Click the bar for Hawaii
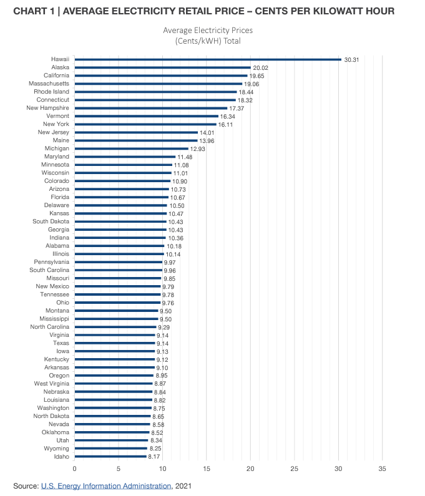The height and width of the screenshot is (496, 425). pyautogui.click(x=208, y=59)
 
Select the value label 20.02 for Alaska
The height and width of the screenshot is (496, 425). pyautogui.click(x=260, y=67)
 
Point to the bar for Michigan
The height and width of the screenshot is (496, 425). pyautogui.click(x=131, y=148)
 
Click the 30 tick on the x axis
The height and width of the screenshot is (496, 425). pyautogui.click(x=338, y=468)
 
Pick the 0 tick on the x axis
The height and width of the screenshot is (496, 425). pyautogui.click(x=74, y=468)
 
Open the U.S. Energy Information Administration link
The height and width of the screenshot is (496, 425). pyautogui.click(x=106, y=485)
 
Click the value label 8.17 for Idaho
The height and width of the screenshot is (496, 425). pyautogui.click(x=155, y=457)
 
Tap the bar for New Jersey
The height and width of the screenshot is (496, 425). pyautogui.click(x=136, y=132)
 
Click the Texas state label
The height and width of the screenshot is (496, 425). pyautogui.click(x=61, y=343)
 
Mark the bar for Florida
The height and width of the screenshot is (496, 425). pyautogui.click(x=121, y=197)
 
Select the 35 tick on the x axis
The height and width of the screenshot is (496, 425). pyautogui.click(x=382, y=468)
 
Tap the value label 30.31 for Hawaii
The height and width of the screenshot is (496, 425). pyautogui.click(x=351, y=59)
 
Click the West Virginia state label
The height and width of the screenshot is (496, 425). pyautogui.click(x=52, y=384)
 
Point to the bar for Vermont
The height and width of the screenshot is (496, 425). pyautogui.click(x=146, y=116)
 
